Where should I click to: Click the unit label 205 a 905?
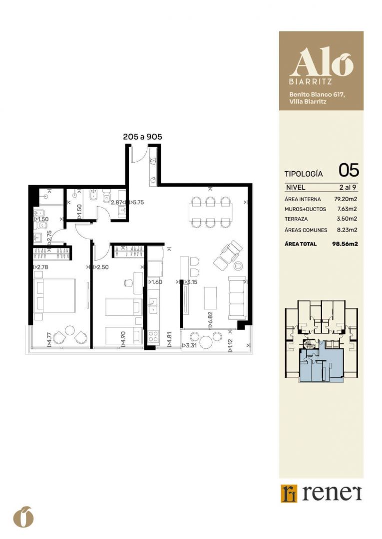tap(142, 136)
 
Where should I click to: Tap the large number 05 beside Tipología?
tap(349, 170)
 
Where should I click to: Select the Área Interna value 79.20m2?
tap(346, 199)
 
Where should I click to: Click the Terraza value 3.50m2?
tap(347, 219)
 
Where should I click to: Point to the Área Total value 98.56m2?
tap(345, 244)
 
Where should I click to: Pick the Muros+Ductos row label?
tap(305, 209)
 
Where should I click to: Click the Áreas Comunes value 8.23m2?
tap(347, 230)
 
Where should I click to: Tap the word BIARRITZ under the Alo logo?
tap(311, 82)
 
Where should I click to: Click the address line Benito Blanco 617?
tap(317, 94)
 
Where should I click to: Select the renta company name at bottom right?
tap(332, 494)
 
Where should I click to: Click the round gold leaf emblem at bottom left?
tap(23, 517)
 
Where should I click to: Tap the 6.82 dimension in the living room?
tap(210, 318)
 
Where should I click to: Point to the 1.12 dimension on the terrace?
tap(230, 345)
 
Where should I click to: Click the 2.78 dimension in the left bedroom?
tap(40, 267)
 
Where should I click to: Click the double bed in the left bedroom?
tap(55, 295)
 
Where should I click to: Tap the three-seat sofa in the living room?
tap(238, 298)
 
